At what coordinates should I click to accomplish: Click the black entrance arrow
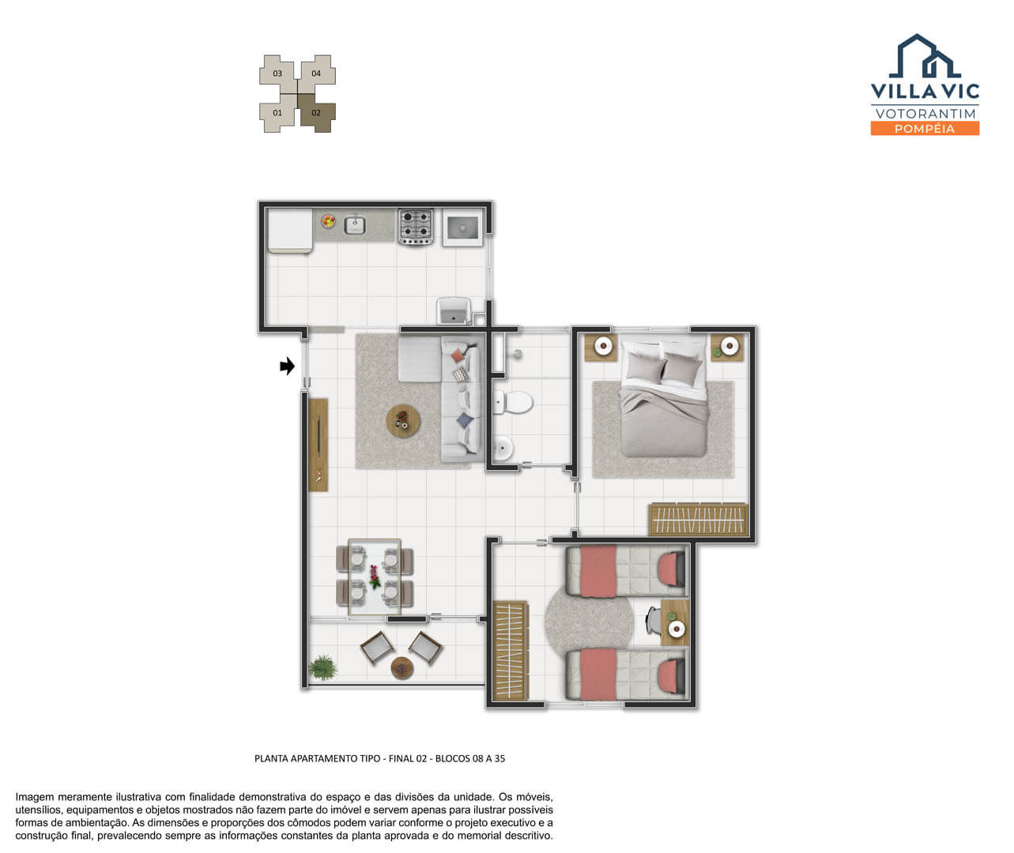288,366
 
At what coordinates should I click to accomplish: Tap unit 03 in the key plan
277,73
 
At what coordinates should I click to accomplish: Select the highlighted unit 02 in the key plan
316,113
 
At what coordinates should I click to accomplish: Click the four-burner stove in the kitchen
416,226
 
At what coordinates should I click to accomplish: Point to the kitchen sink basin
355,225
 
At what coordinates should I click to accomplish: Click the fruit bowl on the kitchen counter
328,221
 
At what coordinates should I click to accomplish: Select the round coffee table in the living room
402,421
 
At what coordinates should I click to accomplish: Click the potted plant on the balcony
322,667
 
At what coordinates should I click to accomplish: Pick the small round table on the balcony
402,668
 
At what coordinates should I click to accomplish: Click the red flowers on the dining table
374,577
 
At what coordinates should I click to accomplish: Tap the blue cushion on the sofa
465,420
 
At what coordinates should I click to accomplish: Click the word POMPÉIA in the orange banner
925,129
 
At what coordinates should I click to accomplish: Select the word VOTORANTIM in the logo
925,114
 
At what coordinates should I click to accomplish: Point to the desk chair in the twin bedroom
653,621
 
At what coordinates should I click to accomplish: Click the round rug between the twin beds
589,622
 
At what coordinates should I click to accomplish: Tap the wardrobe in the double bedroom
699,520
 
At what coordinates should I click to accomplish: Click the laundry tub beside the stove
462,227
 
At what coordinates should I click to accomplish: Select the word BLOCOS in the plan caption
452,758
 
